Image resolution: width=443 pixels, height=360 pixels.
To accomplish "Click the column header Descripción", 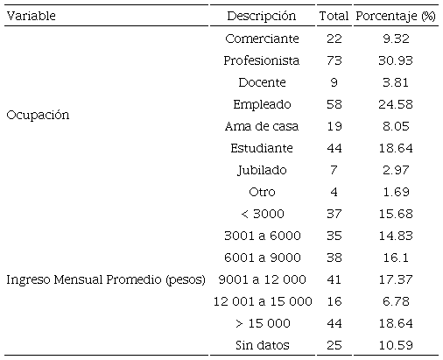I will coord(261,16).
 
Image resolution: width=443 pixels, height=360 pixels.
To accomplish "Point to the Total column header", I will coord(334,16).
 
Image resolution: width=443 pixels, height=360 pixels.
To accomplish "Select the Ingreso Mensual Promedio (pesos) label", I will coord(105,280).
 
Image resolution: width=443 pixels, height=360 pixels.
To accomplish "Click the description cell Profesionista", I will coord(262,60).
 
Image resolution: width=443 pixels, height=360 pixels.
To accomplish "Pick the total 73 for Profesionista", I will coord(334,60).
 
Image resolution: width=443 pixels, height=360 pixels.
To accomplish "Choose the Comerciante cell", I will coord(262,39).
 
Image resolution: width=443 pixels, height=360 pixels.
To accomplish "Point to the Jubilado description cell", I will coord(262,170).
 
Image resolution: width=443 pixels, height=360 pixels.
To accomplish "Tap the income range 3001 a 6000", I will coord(262,236).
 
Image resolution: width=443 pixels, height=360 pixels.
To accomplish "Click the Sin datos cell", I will coord(262,345).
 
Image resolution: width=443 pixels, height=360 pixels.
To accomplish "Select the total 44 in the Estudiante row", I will coord(334,148).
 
